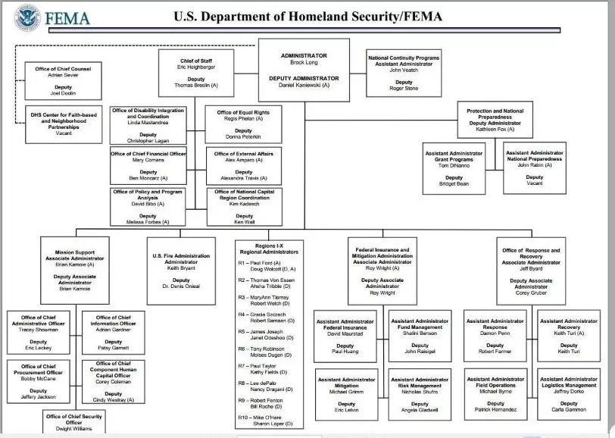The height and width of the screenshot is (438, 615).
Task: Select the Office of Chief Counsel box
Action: [63, 80]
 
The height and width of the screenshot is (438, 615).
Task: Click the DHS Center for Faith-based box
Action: [63, 124]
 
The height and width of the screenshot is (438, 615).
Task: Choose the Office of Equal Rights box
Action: [244, 124]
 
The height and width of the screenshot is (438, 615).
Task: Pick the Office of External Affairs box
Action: [244, 165]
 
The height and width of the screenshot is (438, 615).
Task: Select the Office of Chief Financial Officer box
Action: [148, 165]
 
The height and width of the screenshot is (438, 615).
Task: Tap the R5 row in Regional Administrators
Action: [268, 335]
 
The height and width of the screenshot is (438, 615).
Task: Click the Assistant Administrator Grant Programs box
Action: [454, 168]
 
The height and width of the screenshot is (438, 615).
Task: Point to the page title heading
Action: [307, 16]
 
